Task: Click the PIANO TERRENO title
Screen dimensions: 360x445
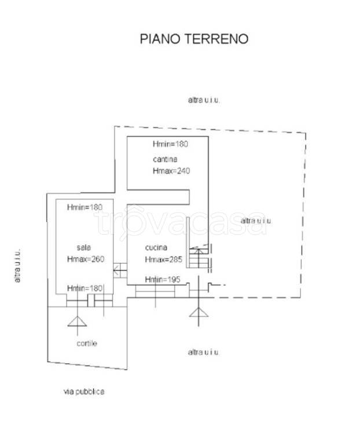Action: click(x=194, y=39)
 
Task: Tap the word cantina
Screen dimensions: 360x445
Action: click(x=165, y=159)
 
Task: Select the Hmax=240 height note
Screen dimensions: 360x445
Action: click(x=171, y=171)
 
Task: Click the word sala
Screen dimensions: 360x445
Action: click(x=83, y=247)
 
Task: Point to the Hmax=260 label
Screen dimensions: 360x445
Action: click(x=86, y=259)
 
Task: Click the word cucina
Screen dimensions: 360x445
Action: click(x=156, y=247)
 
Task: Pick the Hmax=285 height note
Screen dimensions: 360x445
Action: click(x=164, y=260)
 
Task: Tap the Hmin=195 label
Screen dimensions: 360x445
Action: click(x=163, y=279)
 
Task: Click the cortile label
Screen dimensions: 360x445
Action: click(x=87, y=344)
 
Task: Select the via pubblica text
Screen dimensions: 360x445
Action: click(x=84, y=392)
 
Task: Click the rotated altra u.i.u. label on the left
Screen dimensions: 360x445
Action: click(x=17, y=265)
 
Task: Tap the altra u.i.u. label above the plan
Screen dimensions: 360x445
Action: click(x=204, y=100)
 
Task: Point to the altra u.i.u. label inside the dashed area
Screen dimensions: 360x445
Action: click(x=256, y=221)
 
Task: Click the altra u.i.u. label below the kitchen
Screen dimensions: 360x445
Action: click(x=204, y=352)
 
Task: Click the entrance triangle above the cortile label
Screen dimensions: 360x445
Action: click(x=77, y=321)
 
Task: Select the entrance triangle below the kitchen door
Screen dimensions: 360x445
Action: click(x=199, y=312)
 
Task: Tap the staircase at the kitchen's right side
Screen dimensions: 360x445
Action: click(x=199, y=257)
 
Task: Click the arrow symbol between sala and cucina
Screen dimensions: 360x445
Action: click(x=120, y=271)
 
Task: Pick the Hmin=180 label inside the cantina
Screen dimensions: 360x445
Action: click(x=170, y=144)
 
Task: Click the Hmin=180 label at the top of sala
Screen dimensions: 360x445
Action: click(x=85, y=207)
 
